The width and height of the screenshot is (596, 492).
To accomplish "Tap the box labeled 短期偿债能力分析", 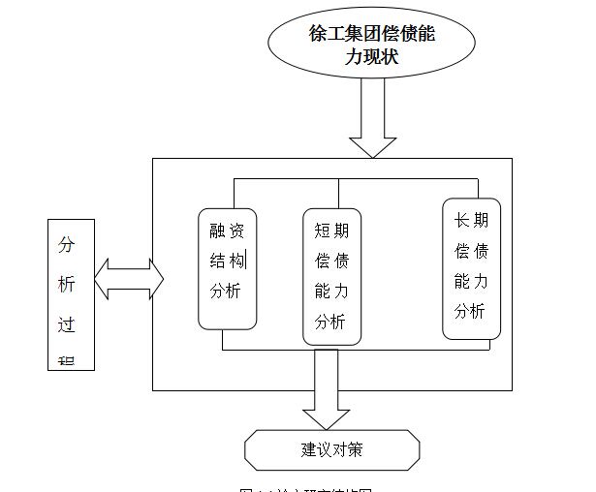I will tap(330, 276).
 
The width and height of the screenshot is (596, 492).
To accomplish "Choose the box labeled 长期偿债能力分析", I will tap(471, 268).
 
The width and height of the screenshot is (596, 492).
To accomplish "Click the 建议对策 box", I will tap(331, 449).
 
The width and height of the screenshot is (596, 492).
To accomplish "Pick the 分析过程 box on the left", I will tap(71, 294).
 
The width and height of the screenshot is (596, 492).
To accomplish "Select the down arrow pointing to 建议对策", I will tap(328, 387).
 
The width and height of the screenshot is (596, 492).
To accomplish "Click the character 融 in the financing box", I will tap(218, 230).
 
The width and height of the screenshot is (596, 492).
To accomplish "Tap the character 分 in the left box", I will tap(67, 244).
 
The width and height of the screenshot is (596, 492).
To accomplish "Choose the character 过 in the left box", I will tap(67, 324).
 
